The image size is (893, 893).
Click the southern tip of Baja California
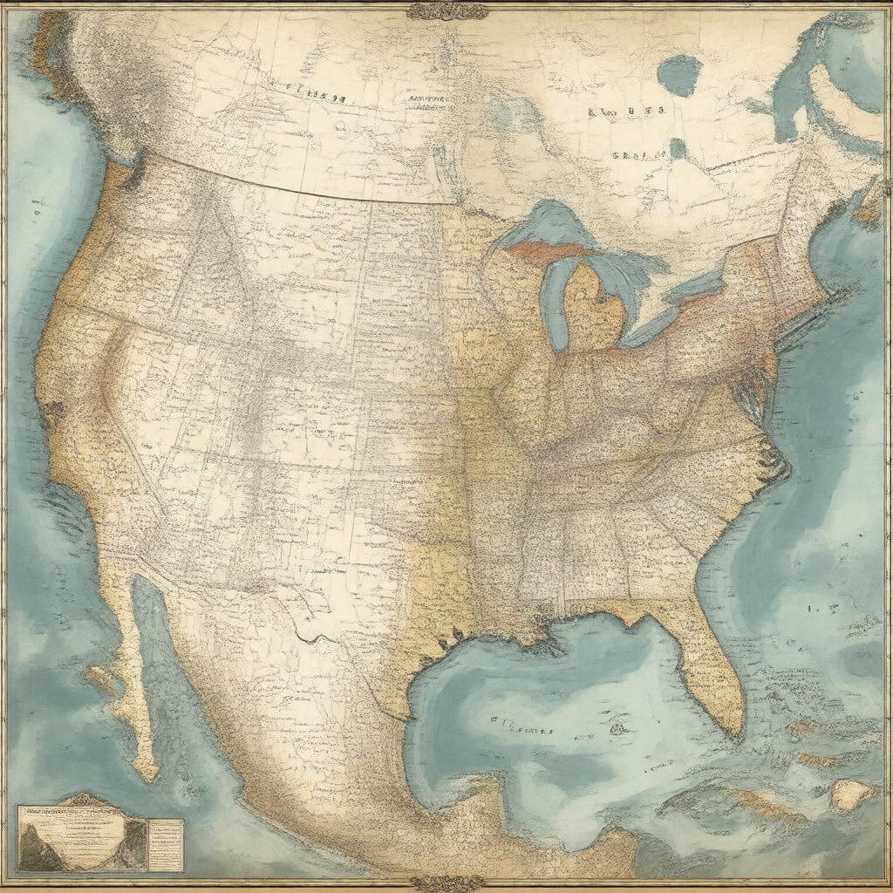(x=149, y=773)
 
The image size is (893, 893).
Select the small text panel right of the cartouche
(x=165, y=842)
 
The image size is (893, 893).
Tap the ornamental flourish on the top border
(x=446, y=10)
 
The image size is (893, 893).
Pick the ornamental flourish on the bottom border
(x=446, y=883)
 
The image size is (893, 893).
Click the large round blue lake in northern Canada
(x=679, y=75)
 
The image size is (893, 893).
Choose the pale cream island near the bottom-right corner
(x=850, y=793)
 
